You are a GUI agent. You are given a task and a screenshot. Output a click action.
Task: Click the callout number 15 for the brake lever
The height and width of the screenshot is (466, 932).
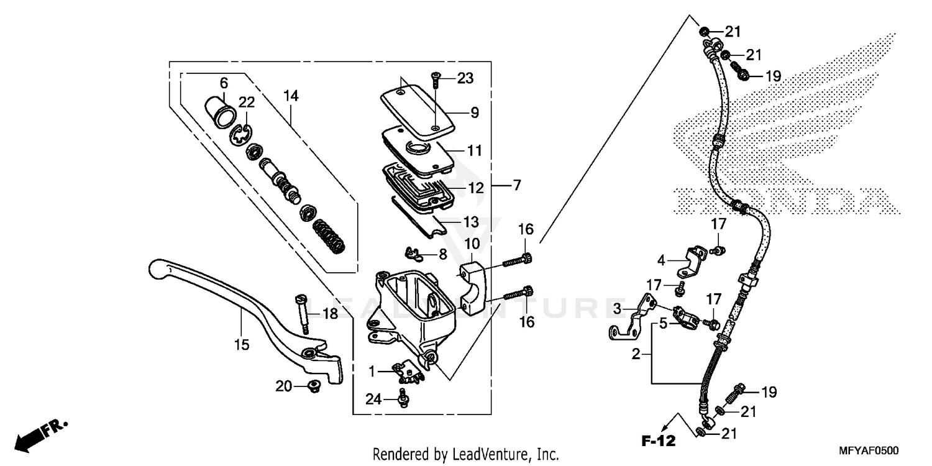coord(241,344)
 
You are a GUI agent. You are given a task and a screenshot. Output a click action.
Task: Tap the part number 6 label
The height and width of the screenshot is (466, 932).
coord(224,83)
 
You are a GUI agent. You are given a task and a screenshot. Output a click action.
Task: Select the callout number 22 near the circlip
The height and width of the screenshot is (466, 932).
coord(247,103)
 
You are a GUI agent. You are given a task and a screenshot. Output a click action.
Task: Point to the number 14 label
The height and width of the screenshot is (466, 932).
coord(291,96)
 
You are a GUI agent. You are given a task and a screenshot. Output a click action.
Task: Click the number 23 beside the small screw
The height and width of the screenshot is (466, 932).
coord(465,78)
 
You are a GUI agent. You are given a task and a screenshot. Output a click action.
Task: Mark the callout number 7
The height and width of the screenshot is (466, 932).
coord(517,185)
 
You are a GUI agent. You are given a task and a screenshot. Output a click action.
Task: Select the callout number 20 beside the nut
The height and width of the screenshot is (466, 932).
coord(283,386)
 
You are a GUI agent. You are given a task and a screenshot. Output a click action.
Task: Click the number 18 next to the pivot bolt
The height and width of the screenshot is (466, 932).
coord(330,314)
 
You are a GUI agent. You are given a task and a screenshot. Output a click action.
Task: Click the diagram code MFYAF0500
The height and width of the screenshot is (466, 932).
coord(873,450)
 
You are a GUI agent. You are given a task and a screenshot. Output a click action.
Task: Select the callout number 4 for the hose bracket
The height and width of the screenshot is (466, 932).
coord(662,260)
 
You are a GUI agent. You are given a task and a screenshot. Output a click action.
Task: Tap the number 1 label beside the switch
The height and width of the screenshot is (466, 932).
coord(371,372)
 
